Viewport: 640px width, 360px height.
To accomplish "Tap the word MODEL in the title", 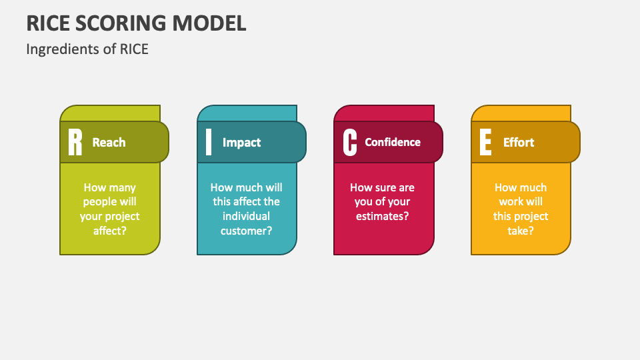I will click(x=209, y=23).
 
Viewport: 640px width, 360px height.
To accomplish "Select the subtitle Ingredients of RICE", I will click(x=87, y=49).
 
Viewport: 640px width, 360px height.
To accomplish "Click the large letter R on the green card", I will click(x=75, y=143).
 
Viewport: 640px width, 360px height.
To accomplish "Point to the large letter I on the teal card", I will click(x=209, y=143).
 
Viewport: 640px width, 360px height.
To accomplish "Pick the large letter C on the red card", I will click(x=349, y=143).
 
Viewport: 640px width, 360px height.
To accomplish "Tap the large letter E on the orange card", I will click(x=485, y=143).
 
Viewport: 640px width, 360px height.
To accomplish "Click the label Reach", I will click(x=109, y=143).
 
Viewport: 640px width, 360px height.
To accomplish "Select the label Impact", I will click(x=241, y=143).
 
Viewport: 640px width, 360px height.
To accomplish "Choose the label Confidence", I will click(x=393, y=142).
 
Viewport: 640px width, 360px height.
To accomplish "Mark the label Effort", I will click(x=518, y=143).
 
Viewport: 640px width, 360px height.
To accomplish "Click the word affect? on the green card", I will click(x=110, y=231).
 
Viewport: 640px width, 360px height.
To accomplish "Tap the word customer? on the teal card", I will click(x=246, y=231).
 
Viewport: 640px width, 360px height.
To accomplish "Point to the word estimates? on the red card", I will click(x=382, y=216).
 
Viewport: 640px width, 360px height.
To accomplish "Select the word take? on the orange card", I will click(x=521, y=231).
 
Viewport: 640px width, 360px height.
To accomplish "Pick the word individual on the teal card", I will click(x=246, y=217).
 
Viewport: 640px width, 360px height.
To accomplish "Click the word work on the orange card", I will click(x=511, y=202).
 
